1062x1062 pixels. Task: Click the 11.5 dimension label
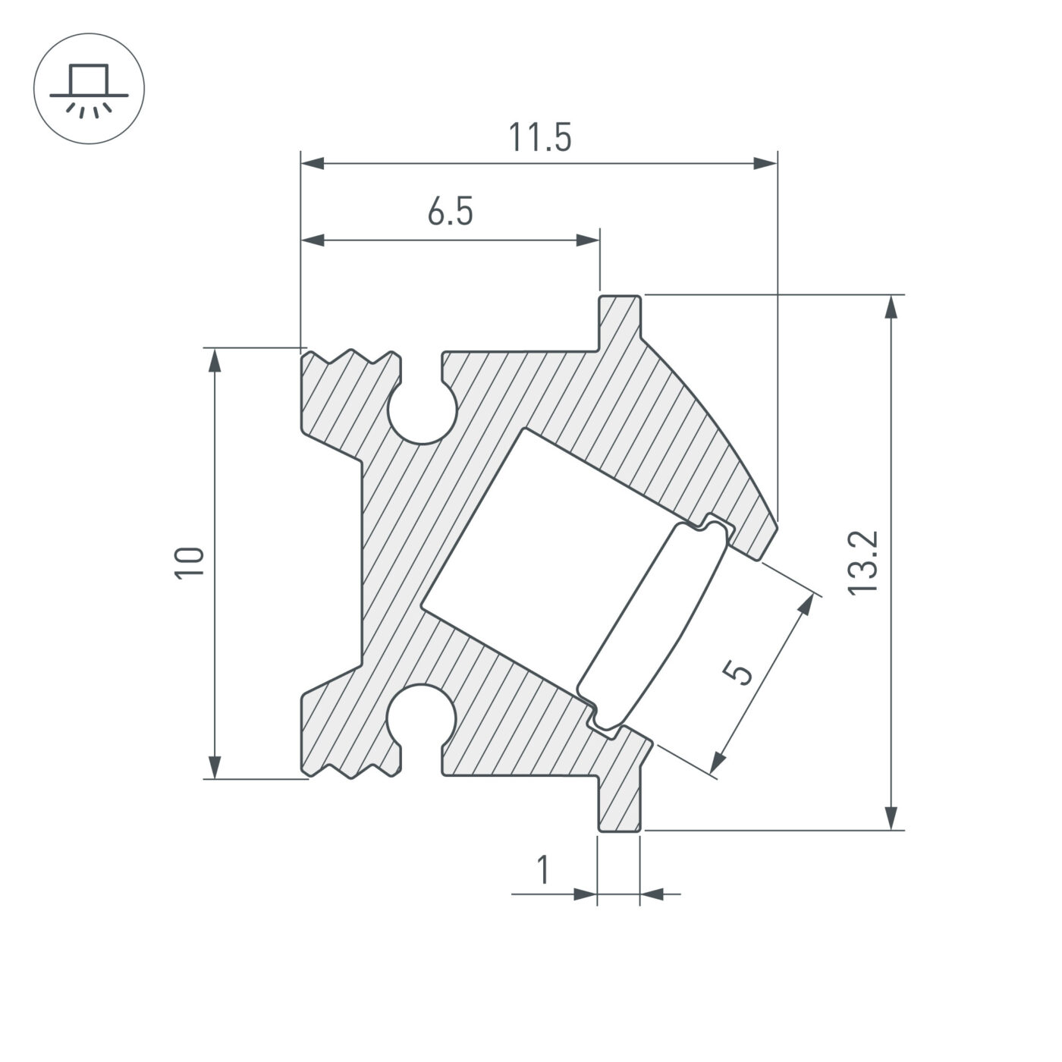539,138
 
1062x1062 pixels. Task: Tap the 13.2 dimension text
864,562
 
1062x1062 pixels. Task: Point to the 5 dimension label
738,672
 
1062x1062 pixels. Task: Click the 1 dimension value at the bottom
543,870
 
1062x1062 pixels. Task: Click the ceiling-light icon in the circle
90,89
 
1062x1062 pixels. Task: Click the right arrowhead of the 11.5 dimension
766,163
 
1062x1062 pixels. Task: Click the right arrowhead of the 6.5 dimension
588,241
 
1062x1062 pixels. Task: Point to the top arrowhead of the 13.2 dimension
894,307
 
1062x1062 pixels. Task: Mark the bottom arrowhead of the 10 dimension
215,766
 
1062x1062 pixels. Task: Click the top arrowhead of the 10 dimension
215,360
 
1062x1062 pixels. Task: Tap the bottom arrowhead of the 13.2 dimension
894,818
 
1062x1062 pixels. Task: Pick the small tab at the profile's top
621,319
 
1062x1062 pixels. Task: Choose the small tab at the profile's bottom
621,808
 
